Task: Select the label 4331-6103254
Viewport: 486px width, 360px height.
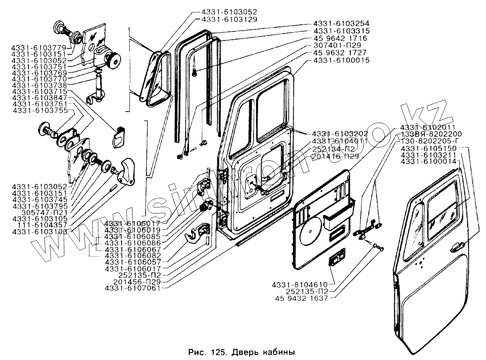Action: (342, 24)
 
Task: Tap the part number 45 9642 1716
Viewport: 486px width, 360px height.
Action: (341, 38)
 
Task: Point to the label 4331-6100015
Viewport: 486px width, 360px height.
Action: (342, 61)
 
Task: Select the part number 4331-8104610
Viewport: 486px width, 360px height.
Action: (300, 285)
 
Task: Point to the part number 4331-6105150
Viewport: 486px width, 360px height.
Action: (429, 148)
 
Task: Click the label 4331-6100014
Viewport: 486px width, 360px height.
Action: (429, 161)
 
